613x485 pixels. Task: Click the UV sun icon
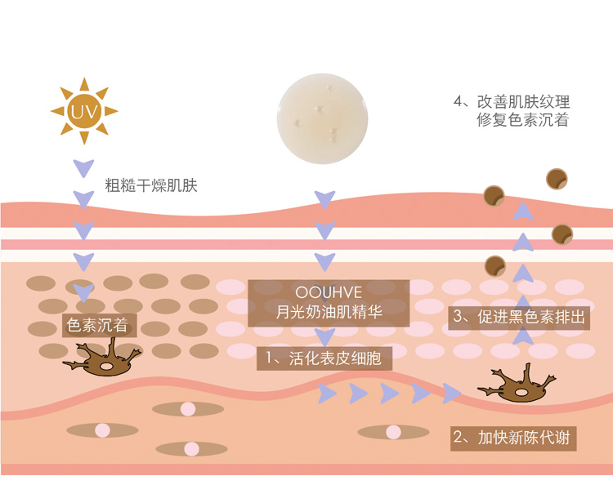click(x=84, y=110)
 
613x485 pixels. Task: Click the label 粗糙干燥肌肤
click(x=151, y=185)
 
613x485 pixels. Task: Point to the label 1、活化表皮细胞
click(x=324, y=358)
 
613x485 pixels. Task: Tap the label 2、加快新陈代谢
click(x=513, y=437)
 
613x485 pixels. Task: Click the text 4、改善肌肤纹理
click(x=512, y=102)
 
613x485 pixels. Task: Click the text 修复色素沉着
click(x=522, y=120)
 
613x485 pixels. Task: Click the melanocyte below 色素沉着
click(x=101, y=358)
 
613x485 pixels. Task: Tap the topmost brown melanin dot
click(x=557, y=178)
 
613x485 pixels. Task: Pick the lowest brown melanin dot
click(x=495, y=265)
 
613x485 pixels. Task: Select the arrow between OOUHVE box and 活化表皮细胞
click(x=325, y=336)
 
